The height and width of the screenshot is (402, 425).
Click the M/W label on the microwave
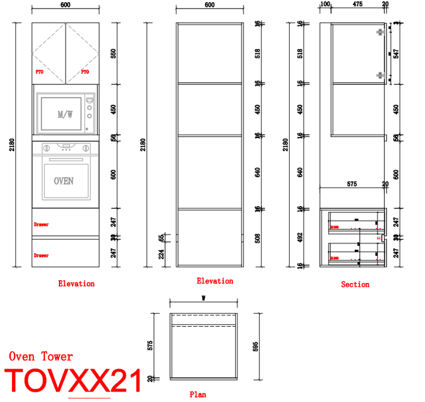(65, 114)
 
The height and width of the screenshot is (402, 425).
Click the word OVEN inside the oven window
(63, 181)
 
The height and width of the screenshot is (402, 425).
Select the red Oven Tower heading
(41, 356)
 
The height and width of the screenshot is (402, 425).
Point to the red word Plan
(198, 395)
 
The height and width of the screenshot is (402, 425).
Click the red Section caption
(355, 284)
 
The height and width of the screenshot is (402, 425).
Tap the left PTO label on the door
(40, 72)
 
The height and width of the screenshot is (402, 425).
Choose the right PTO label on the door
(85, 72)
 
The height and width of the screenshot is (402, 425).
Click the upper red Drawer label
(41, 225)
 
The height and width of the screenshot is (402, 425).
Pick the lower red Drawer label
(41, 255)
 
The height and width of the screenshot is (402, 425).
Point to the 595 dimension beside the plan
(256, 345)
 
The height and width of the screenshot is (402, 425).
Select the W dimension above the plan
(203, 298)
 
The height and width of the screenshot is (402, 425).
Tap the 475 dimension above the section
(357, 5)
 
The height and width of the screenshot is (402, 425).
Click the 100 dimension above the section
(325, 5)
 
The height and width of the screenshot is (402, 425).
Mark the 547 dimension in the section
(396, 54)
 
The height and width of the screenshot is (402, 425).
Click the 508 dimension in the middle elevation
(258, 237)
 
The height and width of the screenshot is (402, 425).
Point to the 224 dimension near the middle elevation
(162, 255)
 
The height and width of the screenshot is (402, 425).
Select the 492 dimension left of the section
(300, 237)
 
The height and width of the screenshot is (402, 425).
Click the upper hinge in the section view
(380, 32)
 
